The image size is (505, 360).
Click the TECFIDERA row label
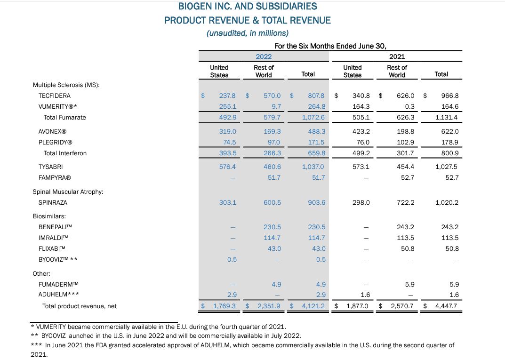pyautogui.click(x=54, y=96)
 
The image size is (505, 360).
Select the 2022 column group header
pyautogui.click(x=264, y=56)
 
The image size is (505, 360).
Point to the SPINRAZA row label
pyautogui.click(x=53, y=202)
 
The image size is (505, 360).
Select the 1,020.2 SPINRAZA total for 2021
pyautogui.click(x=447, y=202)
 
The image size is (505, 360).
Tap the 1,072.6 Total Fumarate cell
pyautogui.click(x=313, y=117)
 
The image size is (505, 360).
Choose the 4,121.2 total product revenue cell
pyautogui.click(x=313, y=306)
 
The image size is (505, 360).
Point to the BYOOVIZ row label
pyautogui.click(x=58, y=259)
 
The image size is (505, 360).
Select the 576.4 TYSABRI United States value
pyautogui.click(x=228, y=167)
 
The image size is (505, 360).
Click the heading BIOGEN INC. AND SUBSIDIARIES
pyautogui.click(x=248, y=7)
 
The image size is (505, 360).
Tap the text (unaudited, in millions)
pyautogui.click(x=248, y=33)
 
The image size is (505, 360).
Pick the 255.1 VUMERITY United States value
pyautogui.click(x=228, y=106)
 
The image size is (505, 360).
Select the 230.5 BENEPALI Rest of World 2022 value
pyautogui.click(x=273, y=227)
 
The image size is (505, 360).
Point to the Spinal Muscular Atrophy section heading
pyautogui.click(x=68, y=192)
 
